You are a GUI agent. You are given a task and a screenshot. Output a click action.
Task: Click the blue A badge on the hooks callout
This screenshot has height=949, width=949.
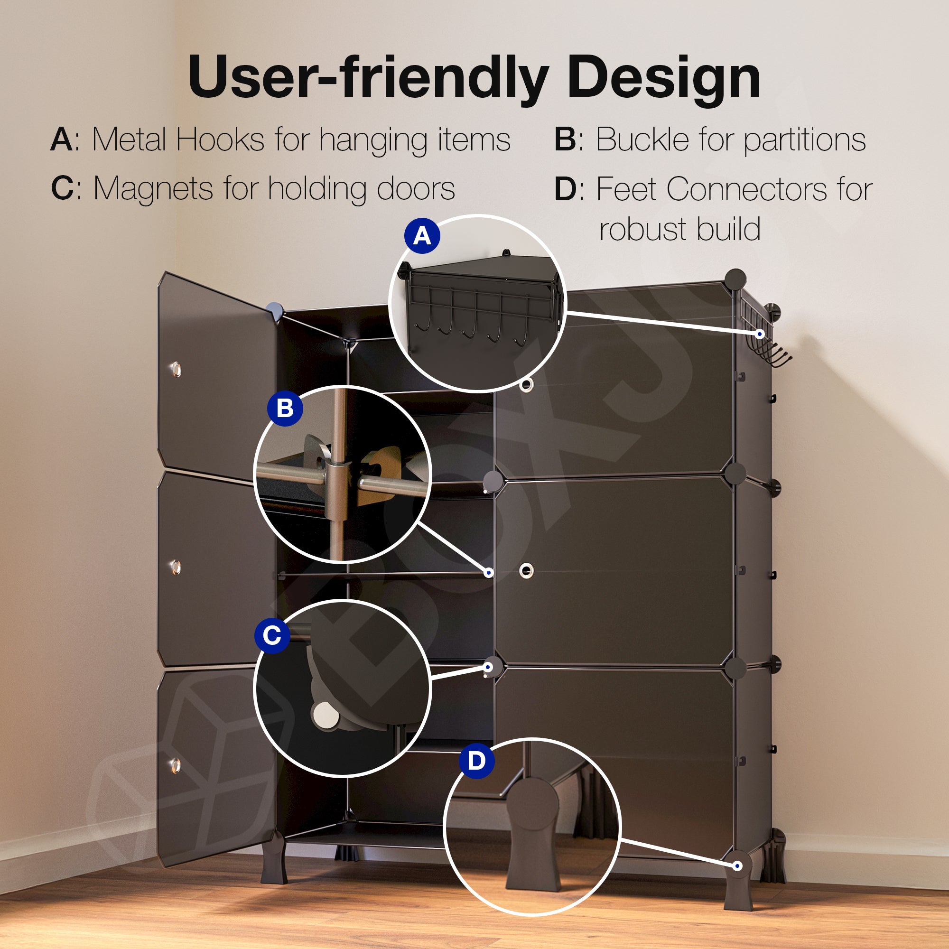pos(422,236)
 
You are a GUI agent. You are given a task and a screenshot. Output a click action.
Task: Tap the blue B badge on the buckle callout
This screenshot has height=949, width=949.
pos(285,408)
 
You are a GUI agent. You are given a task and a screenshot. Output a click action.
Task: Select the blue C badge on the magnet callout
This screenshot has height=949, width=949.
pos(272,635)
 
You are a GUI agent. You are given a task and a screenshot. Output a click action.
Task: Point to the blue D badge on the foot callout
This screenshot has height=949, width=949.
pos(476,760)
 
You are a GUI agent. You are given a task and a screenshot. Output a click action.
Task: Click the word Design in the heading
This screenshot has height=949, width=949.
pos(664,78)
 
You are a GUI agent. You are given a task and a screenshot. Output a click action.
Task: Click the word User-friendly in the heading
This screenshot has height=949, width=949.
pos(368,78)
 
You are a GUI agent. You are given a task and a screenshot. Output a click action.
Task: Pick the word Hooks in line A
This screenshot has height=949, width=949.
pos(220,140)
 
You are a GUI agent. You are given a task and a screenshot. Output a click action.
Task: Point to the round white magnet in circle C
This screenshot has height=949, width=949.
pos(325,714)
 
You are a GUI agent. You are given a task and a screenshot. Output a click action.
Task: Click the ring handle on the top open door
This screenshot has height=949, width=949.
pos(176,369)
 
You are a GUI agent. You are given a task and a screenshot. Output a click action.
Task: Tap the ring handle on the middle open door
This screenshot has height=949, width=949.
pos(176,568)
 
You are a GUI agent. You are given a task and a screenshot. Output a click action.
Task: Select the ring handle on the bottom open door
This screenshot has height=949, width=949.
pos(176,765)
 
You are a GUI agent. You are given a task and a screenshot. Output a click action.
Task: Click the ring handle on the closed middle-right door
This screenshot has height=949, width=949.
pos(527,570)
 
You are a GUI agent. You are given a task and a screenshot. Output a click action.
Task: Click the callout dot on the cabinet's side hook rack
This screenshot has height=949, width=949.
pos(760,334)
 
